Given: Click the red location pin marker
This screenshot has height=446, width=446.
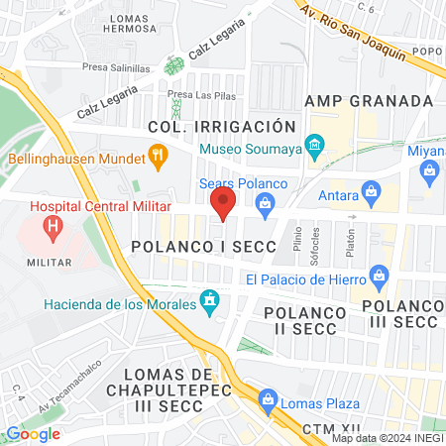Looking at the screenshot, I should [x=222, y=205].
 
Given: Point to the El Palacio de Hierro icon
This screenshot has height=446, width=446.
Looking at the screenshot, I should [x=377, y=274].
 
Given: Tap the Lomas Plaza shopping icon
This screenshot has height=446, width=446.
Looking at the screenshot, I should [x=267, y=401].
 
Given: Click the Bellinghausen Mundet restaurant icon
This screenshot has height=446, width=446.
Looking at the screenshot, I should [x=156, y=155].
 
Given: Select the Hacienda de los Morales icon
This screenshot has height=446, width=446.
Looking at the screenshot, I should [x=209, y=299].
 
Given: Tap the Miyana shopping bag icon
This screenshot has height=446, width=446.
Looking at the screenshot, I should [x=429, y=170].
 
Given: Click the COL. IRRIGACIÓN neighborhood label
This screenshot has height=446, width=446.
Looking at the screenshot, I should [x=221, y=126].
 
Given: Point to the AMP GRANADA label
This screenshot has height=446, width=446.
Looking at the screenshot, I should [x=369, y=101].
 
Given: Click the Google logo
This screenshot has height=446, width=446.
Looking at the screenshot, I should [x=33, y=433].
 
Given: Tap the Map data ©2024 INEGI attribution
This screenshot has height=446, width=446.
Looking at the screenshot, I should [x=387, y=438].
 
